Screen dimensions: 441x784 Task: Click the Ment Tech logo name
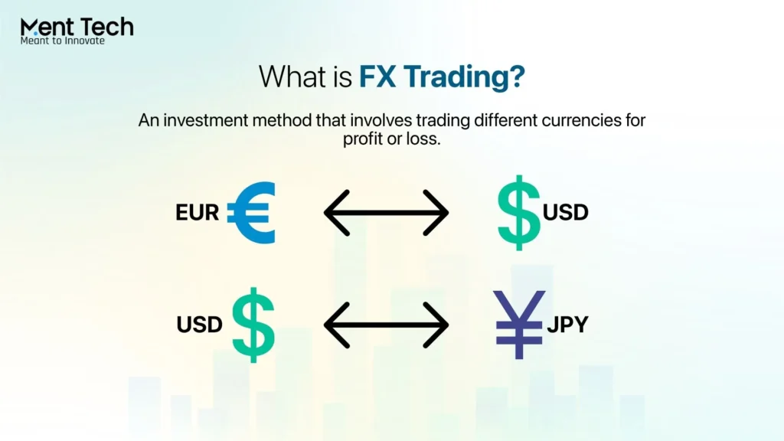pyautogui.click(x=77, y=28)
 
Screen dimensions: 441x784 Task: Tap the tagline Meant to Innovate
pyautogui.click(x=62, y=41)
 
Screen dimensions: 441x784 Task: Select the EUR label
pyautogui.click(x=198, y=212)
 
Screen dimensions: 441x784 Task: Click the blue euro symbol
pyautogui.click(x=250, y=213)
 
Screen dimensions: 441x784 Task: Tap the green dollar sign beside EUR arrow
pyautogui.click(x=518, y=213)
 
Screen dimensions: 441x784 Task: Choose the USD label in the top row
pyautogui.click(x=566, y=211)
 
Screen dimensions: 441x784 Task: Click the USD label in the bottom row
pyautogui.click(x=199, y=325)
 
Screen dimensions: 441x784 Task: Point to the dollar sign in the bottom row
pyautogui.click(x=252, y=325)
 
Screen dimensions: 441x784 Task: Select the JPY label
pyautogui.click(x=567, y=324)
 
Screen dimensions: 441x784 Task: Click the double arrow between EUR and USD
pyautogui.click(x=386, y=212)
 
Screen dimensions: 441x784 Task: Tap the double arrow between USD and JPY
pyautogui.click(x=386, y=325)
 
